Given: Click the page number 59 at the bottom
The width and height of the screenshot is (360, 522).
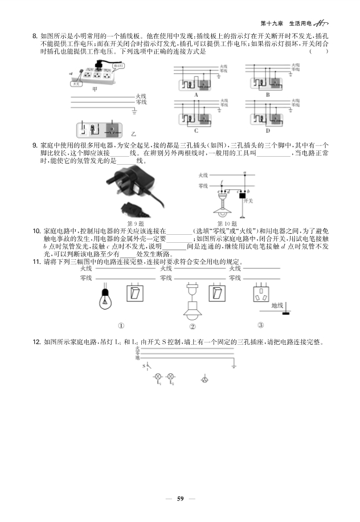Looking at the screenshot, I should click(x=180, y=499).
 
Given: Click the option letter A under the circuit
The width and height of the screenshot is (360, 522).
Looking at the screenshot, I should click(x=196, y=95).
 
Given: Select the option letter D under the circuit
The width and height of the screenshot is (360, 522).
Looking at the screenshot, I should click(x=268, y=131).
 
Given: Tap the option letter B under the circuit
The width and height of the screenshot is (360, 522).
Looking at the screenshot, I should click(x=268, y=95).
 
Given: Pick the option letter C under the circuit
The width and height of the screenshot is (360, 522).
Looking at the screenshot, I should click(x=196, y=131).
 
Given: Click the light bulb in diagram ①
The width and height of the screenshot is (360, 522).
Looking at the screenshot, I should click(x=106, y=297).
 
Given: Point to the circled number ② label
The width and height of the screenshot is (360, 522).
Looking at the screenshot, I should click(x=193, y=327).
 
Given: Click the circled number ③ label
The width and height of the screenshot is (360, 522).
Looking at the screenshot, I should click(x=260, y=325).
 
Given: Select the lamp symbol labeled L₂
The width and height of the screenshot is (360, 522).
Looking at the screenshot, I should click(x=171, y=377).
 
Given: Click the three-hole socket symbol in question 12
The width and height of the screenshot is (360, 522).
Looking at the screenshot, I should click(x=204, y=378).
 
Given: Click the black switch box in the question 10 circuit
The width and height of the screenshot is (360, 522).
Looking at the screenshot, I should click(x=243, y=195).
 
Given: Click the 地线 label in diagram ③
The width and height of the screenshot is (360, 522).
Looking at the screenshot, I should click(x=277, y=306).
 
